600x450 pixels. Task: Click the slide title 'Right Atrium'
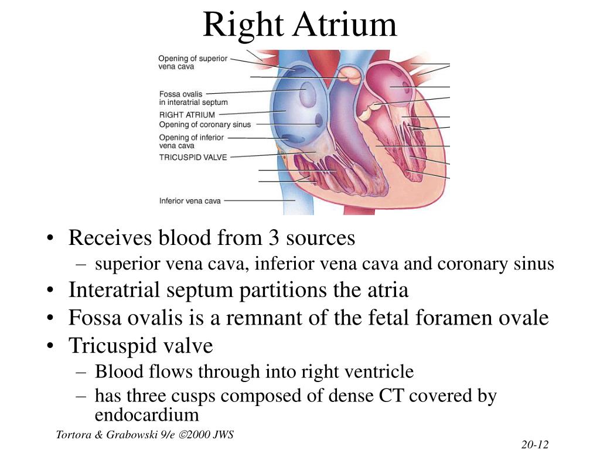coord(300,25)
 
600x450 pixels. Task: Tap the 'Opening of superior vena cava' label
coord(193,62)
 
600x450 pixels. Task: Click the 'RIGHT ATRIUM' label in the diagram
coord(187,115)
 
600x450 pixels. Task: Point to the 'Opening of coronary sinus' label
coord(205,124)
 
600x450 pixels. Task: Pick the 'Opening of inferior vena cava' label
coord(192,141)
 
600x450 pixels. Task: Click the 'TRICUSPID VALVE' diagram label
coord(193,157)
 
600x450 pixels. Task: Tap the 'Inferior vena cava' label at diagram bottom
coord(190,201)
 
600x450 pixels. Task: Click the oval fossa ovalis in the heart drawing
coord(307,94)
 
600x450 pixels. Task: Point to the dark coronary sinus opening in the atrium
coord(319,120)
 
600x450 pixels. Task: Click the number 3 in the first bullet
coord(274,238)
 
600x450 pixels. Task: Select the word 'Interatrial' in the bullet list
coord(114,289)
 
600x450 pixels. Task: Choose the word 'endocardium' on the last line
coord(147,415)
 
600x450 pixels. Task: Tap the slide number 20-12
coord(535,444)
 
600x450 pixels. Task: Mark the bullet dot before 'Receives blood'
coord(50,238)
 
